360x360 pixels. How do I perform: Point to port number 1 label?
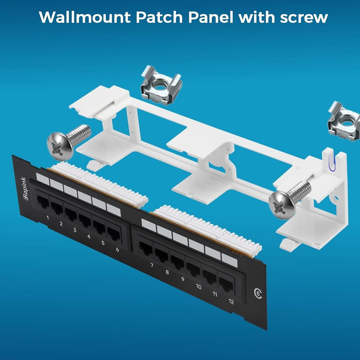click(x=48, y=218)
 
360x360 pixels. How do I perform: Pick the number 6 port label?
click(x=117, y=249)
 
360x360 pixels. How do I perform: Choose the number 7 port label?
click(x=152, y=265)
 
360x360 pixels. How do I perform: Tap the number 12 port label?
click(x=231, y=302)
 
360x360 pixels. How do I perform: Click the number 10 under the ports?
click(x=198, y=287)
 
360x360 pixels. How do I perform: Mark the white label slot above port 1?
click(x=43, y=179)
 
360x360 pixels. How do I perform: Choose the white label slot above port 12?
click(x=229, y=260)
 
